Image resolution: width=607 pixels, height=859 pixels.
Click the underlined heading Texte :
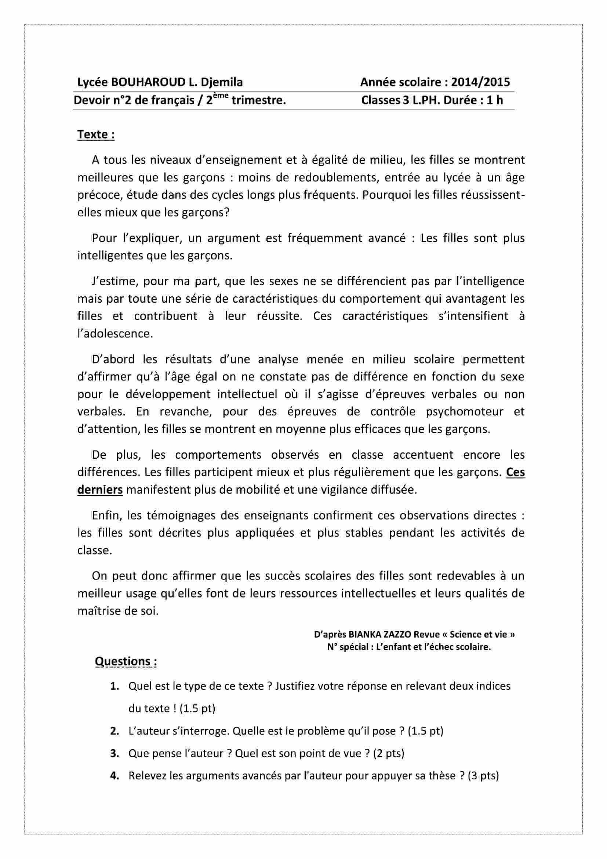pos(96,134)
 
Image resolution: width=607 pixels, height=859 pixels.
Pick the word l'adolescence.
pos(115,333)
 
